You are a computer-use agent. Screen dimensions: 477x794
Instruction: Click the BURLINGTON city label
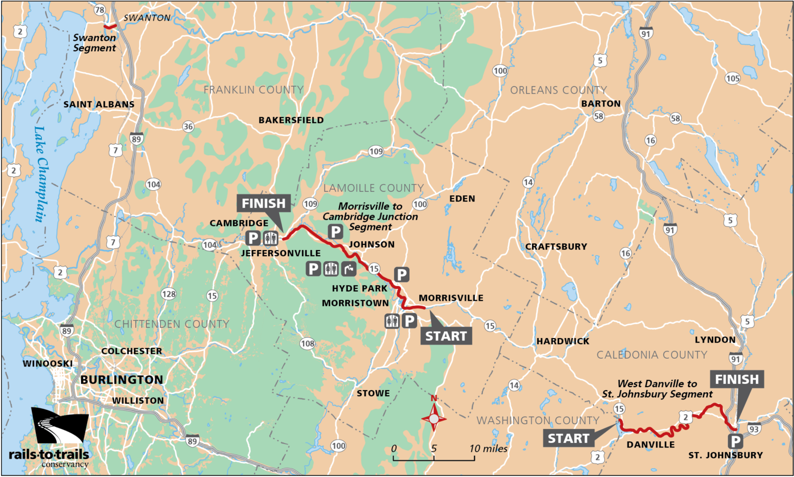click(x=121, y=380)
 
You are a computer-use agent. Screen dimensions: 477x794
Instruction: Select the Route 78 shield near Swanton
click(x=100, y=10)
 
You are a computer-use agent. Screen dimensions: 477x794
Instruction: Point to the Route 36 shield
click(x=188, y=127)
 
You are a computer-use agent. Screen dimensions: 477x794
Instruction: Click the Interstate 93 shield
click(x=754, y=429)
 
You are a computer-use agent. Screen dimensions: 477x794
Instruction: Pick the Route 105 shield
click(x=732, y=79)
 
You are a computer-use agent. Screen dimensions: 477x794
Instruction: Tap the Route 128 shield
click(x=169, y=294)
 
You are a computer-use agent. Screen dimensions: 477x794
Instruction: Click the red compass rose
click(x=434, y=417)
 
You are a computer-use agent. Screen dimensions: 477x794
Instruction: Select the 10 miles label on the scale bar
click(x=488, y=449)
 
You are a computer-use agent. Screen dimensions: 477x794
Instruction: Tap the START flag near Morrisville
click(x=446, y=336)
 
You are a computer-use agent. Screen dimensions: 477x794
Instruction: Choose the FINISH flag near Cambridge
click(x=264, y=204)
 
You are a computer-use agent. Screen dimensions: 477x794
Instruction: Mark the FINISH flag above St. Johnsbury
click(x=737, y=380)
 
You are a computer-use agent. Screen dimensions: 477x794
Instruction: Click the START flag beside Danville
click(x=568, y=439)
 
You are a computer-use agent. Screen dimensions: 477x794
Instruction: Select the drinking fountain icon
click(x=349, y=269)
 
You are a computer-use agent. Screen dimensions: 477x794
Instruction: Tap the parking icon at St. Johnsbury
click(x=735, y=441)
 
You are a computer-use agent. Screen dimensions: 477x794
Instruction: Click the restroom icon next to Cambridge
click(x=271, y=238)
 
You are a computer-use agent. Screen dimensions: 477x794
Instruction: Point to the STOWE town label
click(x=373, y=393)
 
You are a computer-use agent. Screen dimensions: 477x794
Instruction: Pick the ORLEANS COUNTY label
click(x=558, y=90)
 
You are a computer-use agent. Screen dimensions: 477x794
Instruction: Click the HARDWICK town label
click(x=562, y=341)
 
